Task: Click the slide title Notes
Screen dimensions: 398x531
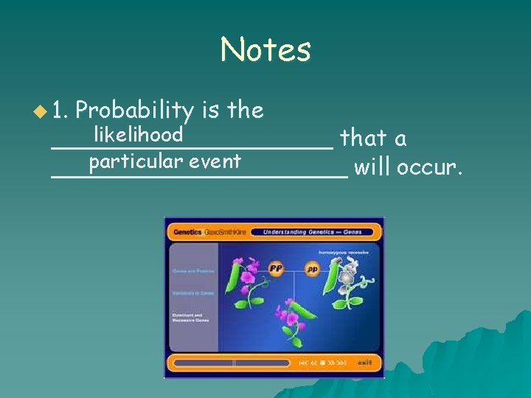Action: click(x=265, y=50)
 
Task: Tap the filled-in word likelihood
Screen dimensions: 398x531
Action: click(x=138, y=134)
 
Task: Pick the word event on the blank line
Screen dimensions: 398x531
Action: click(x=214, y=161)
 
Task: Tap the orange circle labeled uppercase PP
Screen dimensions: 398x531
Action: click(x=277, y=268)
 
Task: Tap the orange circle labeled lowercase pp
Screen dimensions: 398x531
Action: click(x=312, y=269)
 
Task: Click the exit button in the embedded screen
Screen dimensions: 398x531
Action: click(x=365, y=363)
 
